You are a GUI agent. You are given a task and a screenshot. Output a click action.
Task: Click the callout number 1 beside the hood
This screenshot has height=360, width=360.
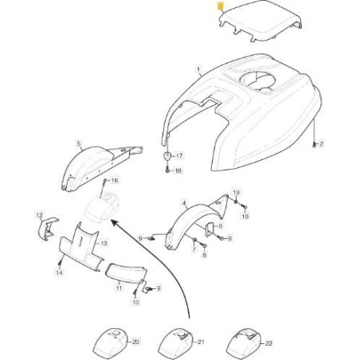[x=197, y=70]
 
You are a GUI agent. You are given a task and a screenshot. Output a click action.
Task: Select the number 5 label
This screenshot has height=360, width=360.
[x=79, y=143]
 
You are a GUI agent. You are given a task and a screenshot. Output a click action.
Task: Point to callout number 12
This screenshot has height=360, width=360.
[x=38, y=215]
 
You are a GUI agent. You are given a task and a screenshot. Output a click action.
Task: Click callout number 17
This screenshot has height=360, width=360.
[x=178, y=157]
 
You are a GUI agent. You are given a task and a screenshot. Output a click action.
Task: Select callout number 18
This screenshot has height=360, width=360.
[x=178, y=171]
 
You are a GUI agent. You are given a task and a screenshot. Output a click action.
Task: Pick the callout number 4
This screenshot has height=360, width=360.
[x=184, y=205]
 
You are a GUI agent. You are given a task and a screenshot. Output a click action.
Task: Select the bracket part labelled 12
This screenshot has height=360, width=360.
[x=46, y=229]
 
